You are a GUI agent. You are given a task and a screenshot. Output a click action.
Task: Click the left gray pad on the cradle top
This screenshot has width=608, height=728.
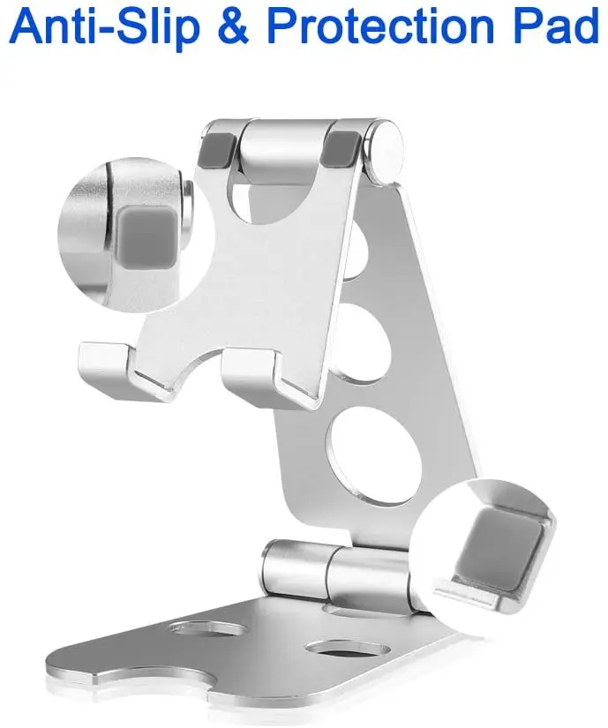click(222, 145)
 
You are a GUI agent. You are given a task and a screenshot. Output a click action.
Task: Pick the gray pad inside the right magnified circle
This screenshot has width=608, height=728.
click(499, 542)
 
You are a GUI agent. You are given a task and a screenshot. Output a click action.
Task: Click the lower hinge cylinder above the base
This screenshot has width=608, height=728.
click(335, 574)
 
